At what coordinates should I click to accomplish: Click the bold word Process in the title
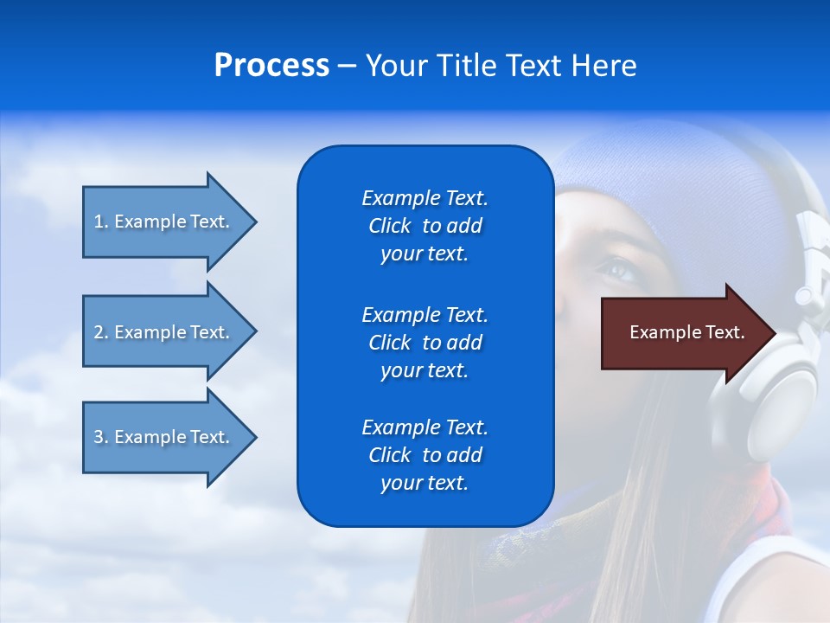(271, 66)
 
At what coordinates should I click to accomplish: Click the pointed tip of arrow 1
(254, 222)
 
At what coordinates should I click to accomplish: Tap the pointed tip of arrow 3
(254, 437)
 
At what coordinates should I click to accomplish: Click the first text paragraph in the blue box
(425, 226)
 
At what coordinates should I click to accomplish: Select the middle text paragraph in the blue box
(425, 343)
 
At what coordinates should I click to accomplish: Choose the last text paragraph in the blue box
(425, 455)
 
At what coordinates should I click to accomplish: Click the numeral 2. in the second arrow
(100, 332)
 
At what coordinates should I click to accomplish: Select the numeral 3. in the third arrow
(100, 437)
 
